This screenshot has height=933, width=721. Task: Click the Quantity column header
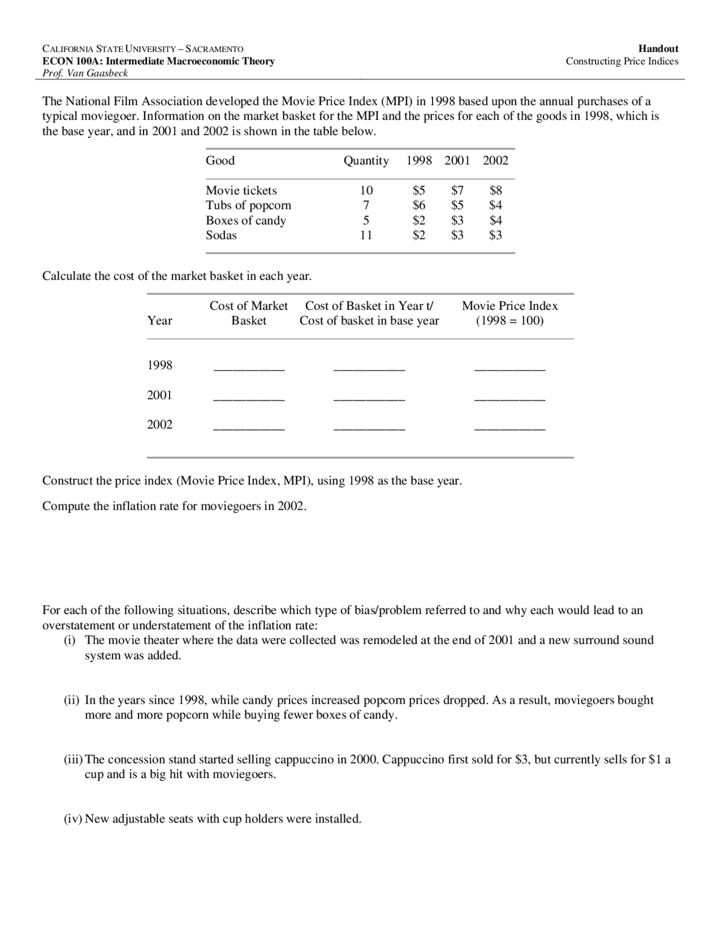click(x=366, y=161)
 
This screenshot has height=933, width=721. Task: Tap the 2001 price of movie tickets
click(x=457, y=190)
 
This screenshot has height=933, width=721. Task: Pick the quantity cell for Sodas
click(x=366, y=236)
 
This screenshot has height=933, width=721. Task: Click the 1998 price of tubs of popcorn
click(x=419, y=205)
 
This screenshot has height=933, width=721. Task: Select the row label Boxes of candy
click(x=246, y=220)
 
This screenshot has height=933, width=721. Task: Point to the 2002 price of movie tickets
click(x=495, y=190)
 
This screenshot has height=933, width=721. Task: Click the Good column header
click(x=220, y=161)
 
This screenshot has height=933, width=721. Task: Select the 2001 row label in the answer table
click(x=159, y=396)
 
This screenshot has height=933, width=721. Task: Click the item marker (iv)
click(x=73, y=819)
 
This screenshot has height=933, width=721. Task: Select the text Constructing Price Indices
click(x=622, y=61)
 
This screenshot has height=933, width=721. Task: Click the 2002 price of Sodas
click(x=495, y=236)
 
